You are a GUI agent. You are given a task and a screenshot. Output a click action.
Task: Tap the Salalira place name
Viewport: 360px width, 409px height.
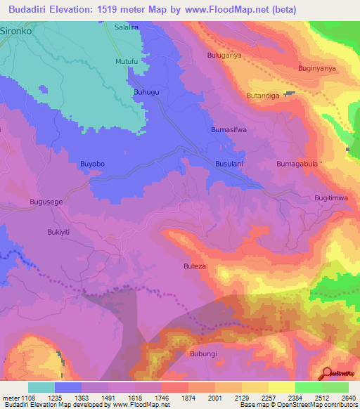click(x=127, y=27)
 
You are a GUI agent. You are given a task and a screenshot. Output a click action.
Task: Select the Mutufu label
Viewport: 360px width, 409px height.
click(x=127, y=62)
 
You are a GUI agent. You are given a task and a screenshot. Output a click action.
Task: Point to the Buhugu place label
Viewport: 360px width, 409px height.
click(x=147, y=92)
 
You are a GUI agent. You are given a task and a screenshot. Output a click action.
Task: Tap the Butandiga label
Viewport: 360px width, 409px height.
click(x=263, y=95)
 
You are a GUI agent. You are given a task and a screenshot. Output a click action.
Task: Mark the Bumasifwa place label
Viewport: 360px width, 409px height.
click(x=229, y=130)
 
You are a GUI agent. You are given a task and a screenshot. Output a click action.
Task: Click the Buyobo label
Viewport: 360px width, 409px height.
click(x=93, y=164)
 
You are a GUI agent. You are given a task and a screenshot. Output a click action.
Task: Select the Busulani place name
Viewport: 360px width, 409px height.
click(x=229, y=164)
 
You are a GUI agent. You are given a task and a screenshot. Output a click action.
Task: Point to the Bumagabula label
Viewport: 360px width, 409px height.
click(x=298, y=164)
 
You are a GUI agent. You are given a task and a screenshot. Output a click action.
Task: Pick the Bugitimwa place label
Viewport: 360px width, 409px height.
click(x=331, y=198)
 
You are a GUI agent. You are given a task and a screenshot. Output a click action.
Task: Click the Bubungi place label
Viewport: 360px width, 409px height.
click(x=205, y=353)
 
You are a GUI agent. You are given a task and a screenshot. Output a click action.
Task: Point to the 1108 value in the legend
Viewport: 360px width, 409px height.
click(x=26, y=398)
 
